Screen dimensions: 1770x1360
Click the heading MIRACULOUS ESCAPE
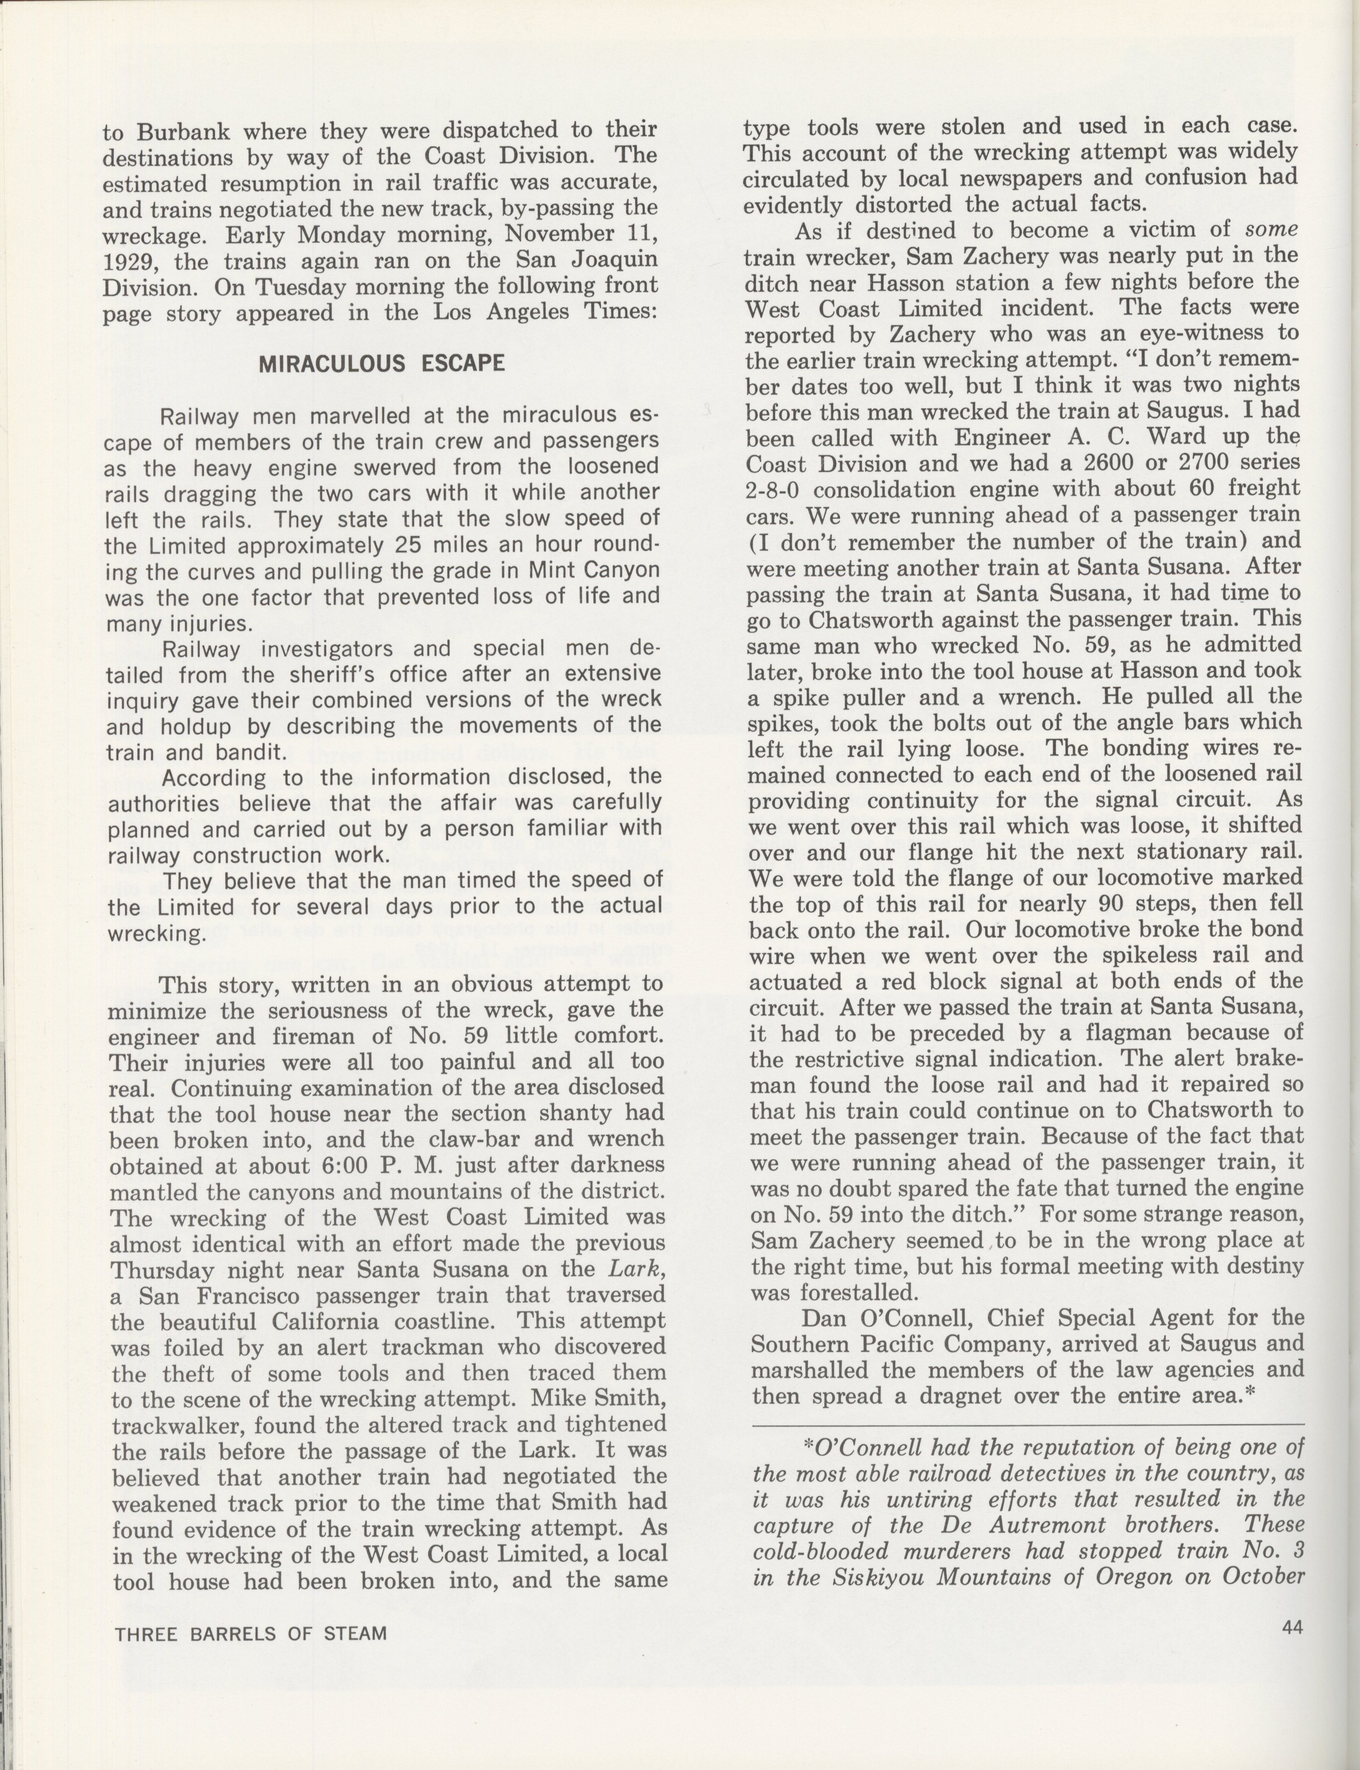[381, 364]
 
